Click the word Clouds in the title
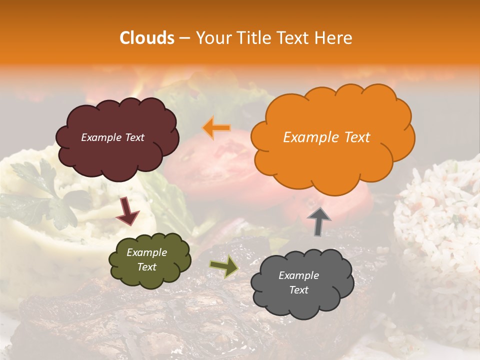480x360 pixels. (147, 38)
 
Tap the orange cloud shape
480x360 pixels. (332, 137)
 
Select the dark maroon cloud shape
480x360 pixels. (117, 137)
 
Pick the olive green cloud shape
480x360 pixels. (149, 260)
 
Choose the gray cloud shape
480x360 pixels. (302, 283)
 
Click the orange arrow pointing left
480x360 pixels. (216, 128)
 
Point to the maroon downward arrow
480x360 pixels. (127, 211)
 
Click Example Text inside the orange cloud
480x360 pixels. (326, 137)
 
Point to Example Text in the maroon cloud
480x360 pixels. (112, 137)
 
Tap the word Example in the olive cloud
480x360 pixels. (146, 252)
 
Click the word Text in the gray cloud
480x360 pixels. (298, 290)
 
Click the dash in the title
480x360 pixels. (184, 38)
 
